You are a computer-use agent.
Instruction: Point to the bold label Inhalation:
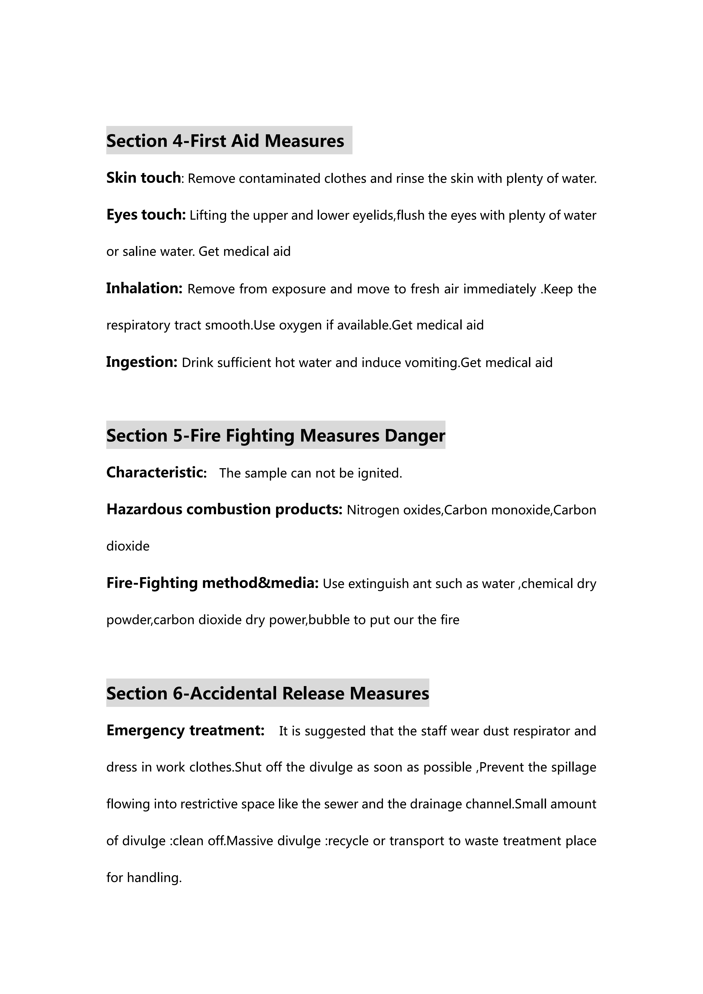(x=144, y=288)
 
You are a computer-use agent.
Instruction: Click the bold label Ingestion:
(x=141, y=362)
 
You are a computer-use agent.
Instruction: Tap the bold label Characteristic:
(x=156, y=472)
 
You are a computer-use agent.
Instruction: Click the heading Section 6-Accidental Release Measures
(x=267, y=693)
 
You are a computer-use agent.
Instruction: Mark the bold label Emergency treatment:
(x=185, y=730)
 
